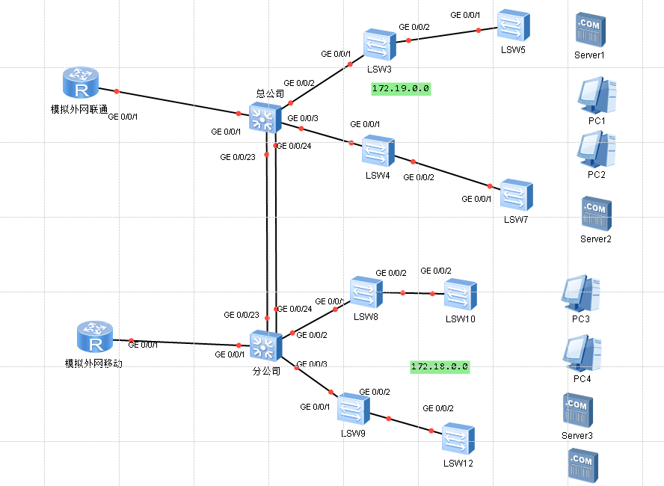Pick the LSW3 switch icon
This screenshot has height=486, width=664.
(379, 45)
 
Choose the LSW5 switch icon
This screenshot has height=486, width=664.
(514, 26)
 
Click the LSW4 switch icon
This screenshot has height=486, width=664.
(378, 151)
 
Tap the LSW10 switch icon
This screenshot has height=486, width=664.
(460, 295)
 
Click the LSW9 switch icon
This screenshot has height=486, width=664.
(352, 410)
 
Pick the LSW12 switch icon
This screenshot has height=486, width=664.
(457, 439)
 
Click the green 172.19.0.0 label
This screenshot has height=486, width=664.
(401, 88)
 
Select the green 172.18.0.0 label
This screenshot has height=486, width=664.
(440, 366)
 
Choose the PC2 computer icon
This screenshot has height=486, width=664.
(596, 150)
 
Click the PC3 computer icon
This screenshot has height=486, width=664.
(581, 293)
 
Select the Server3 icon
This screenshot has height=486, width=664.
(577, 410)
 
